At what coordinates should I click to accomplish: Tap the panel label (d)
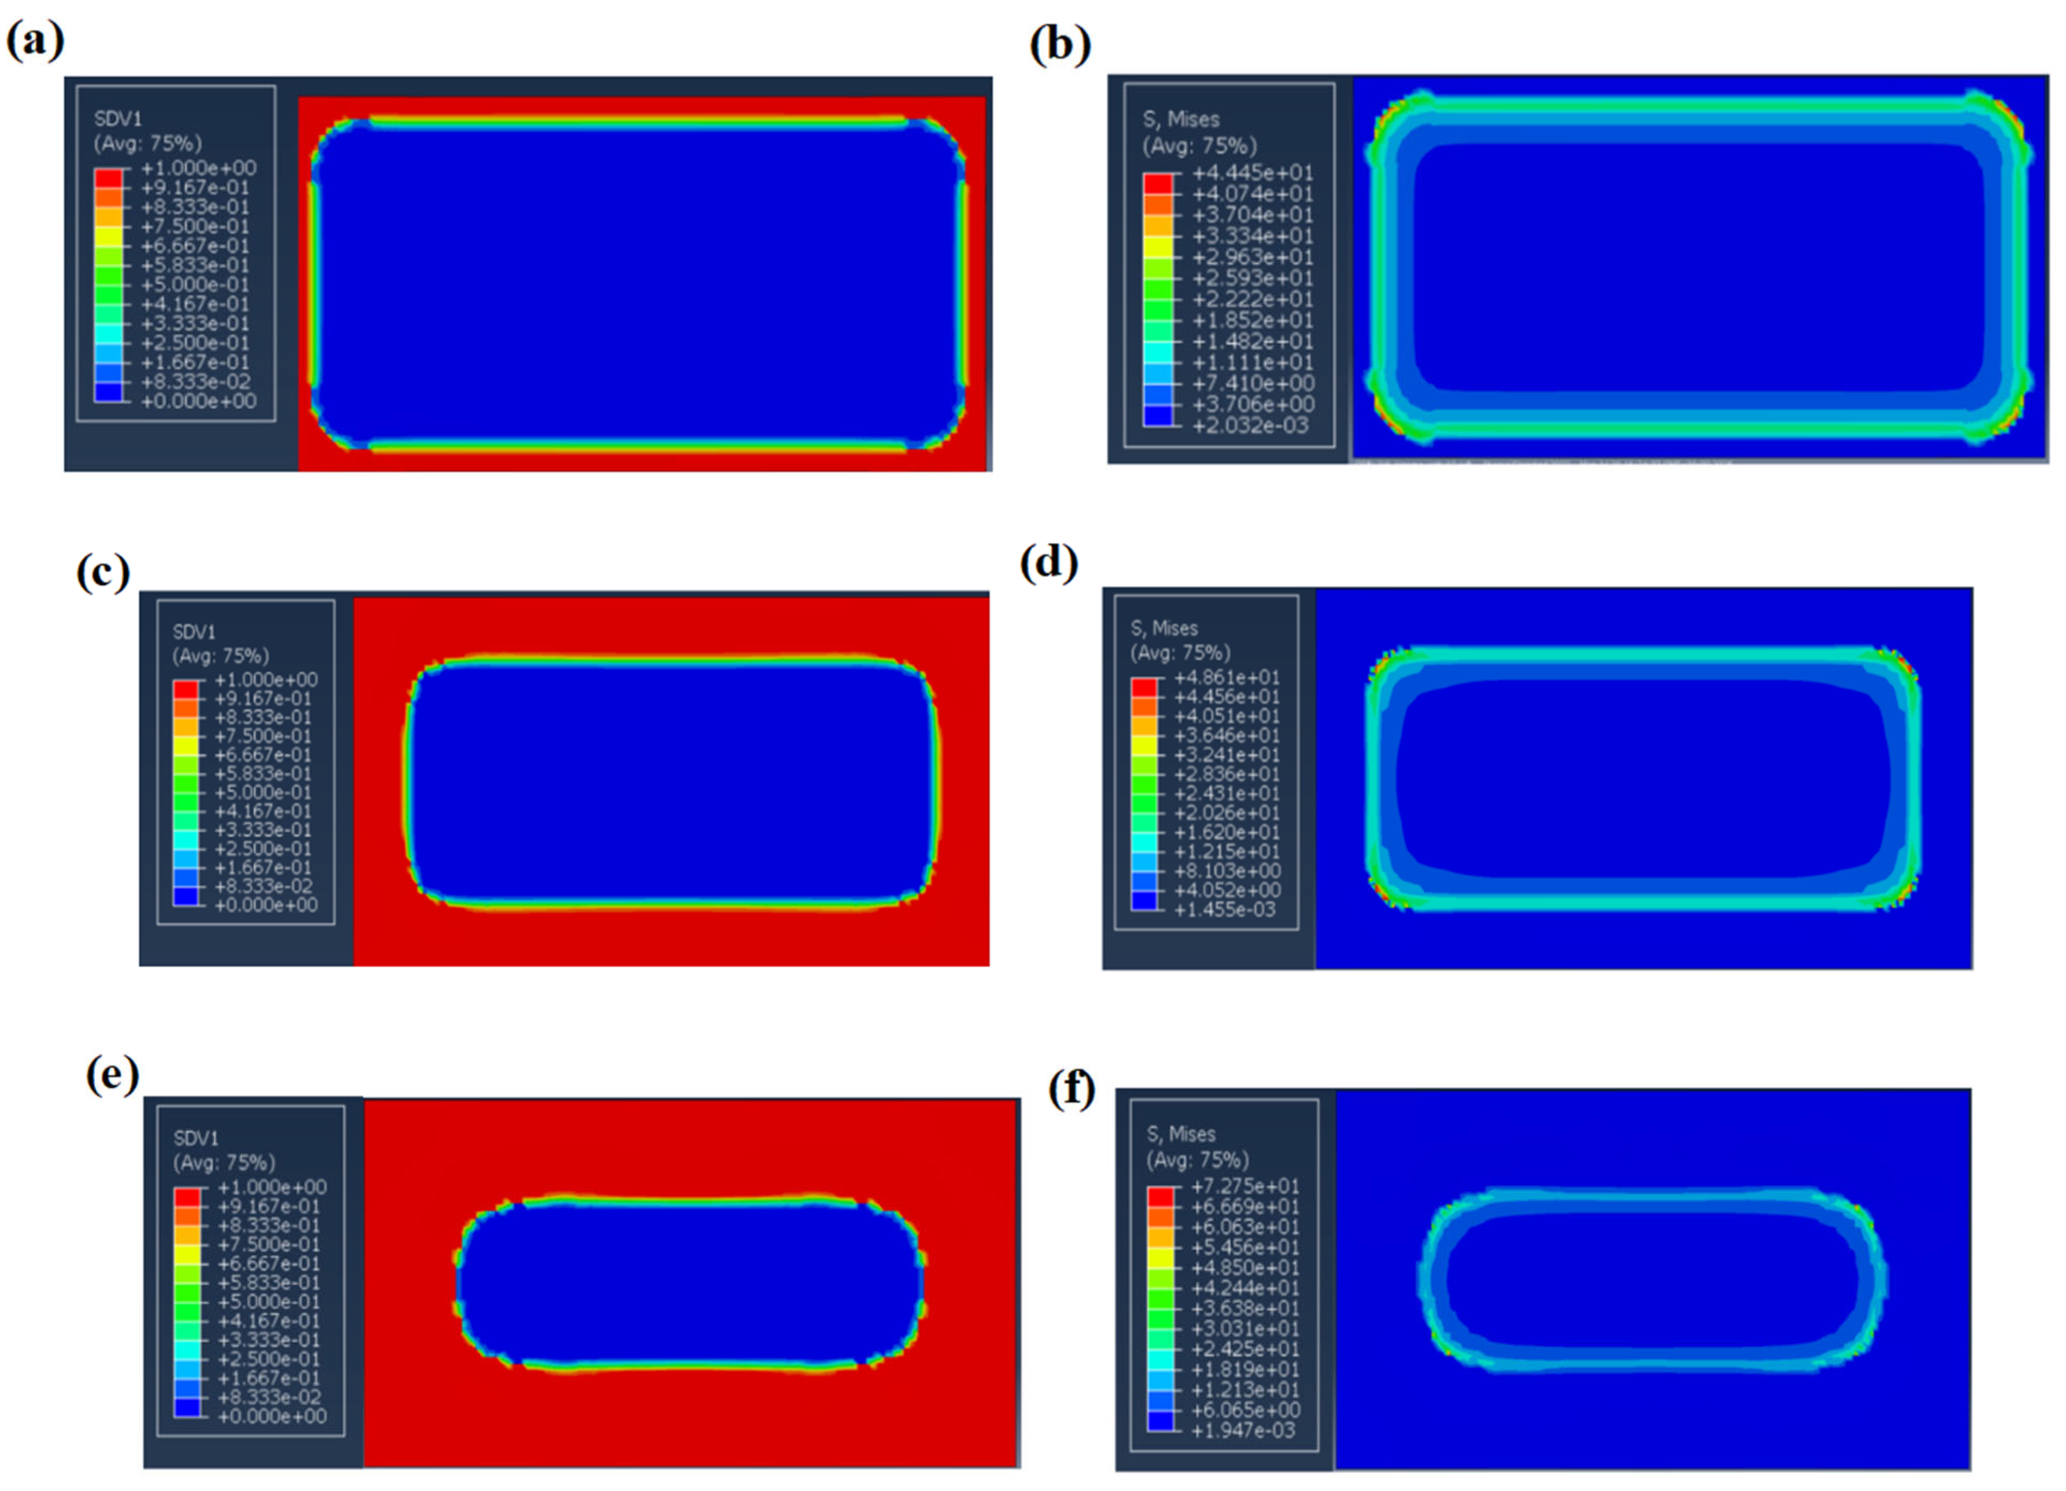click(1049, 564)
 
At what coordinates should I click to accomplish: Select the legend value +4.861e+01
click(1227, 677)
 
